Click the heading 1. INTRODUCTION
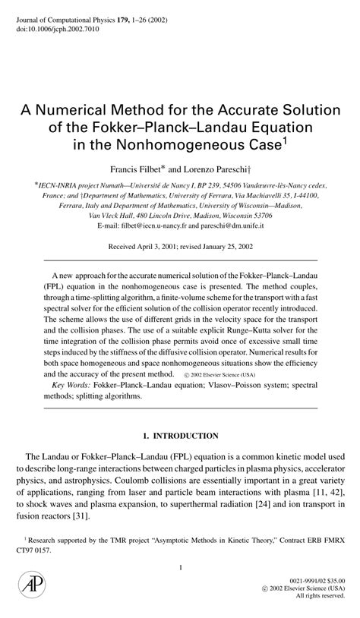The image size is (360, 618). [x=180, y=437]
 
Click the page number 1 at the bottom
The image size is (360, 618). [x=180, y=568]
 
